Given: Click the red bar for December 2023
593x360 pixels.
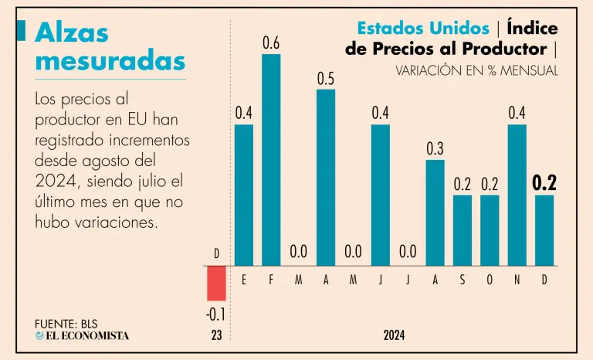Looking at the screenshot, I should tap(216, 283).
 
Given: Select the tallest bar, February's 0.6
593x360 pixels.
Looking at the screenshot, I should tap(271, 159).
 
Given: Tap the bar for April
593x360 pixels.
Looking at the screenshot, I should tap(326, 177).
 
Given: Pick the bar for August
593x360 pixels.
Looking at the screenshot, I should tap(435, 212).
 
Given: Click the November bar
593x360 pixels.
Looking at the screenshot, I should tap(517, 195).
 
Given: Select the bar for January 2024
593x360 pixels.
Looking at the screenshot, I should tap(244, 195).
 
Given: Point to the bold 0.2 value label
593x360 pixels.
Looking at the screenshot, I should tap(544, 183).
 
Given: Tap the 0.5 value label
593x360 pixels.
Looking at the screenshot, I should tap(326, 79).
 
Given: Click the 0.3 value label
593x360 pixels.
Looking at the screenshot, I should tap(435, 149).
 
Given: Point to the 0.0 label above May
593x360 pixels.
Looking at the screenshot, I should tap(353, 252).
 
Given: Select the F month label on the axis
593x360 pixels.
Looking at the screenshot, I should tap(271, 280).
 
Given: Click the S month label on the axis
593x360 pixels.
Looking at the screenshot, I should tap(463, 280).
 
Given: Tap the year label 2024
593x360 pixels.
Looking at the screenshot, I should tap(394, 336).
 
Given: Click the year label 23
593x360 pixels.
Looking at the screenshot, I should tap(216, 336).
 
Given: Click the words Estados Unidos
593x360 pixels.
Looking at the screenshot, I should tap(423, 28).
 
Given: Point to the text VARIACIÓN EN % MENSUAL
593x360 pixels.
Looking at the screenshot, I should tap(476, 70).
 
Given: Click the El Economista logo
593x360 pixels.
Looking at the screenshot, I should tap(82, 335).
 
